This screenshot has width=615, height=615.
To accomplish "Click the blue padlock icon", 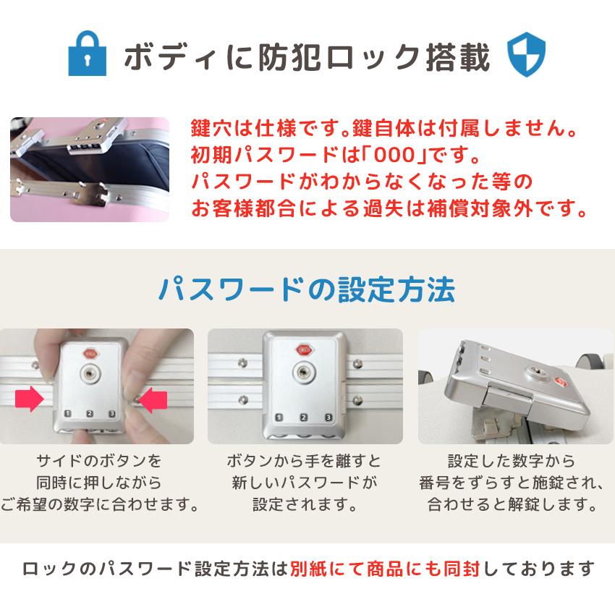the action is pos(87,54).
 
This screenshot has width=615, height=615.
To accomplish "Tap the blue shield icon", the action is pos(526,54).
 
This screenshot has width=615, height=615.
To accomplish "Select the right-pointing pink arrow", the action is pos(30,399).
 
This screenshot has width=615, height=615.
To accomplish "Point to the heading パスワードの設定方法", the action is pos(307,289).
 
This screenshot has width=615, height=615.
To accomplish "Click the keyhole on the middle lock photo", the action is pos(302,372).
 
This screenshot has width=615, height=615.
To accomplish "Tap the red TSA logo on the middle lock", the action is pos(305,350).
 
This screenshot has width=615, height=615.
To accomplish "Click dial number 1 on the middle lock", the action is pos(279,417).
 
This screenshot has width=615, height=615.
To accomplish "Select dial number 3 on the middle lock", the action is pos(328,417).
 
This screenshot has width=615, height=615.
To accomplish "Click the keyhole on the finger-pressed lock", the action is pos(90,374).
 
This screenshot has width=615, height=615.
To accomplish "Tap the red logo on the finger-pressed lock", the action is pos(90,353).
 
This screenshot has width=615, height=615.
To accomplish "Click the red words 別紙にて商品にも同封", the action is pos(385,569).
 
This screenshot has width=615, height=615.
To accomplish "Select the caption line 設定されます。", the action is pos(305,504).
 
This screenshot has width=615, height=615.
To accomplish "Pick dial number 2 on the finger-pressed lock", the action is pos(90,413).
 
